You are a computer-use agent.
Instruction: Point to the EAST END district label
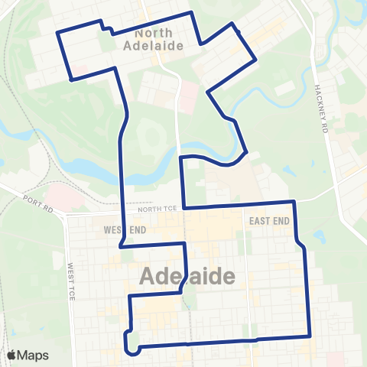coord(269,220)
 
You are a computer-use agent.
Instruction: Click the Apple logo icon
coord(13,356)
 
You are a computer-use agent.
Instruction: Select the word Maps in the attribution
coord(34,356)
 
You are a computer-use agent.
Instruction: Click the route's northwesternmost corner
coord(60,32)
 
